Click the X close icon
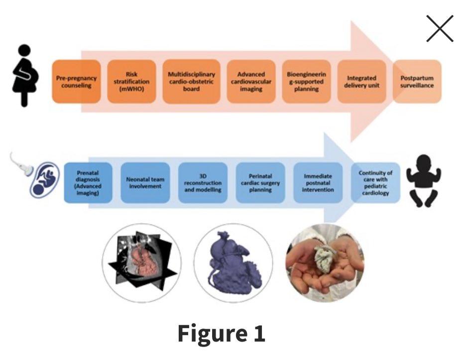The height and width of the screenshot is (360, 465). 440,28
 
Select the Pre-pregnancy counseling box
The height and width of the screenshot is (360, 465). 76,82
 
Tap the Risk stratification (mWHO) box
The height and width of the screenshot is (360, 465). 131,82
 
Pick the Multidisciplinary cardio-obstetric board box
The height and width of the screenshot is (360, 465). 192,82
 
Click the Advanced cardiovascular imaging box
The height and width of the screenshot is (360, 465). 251,82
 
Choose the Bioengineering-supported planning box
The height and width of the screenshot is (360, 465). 306,82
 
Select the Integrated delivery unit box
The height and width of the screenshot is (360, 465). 361,82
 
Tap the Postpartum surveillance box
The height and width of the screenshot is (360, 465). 417,82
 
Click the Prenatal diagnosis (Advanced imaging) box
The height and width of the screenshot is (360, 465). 88,182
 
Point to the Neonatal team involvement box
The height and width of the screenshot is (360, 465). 145,182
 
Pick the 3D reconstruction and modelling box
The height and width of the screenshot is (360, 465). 203,182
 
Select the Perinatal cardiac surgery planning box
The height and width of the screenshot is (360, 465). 260,182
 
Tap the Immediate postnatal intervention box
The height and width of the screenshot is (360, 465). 318,182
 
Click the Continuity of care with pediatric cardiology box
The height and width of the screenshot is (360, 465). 375,182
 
